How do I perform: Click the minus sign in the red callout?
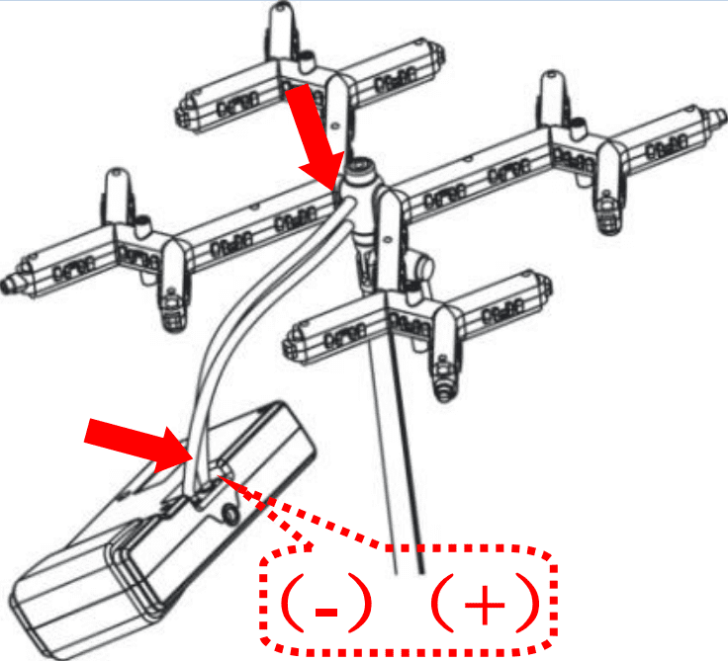326,612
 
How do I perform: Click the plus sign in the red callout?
485,605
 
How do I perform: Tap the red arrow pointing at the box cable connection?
138,445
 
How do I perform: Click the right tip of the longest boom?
721,114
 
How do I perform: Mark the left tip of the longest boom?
8,284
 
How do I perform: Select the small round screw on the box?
229,514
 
